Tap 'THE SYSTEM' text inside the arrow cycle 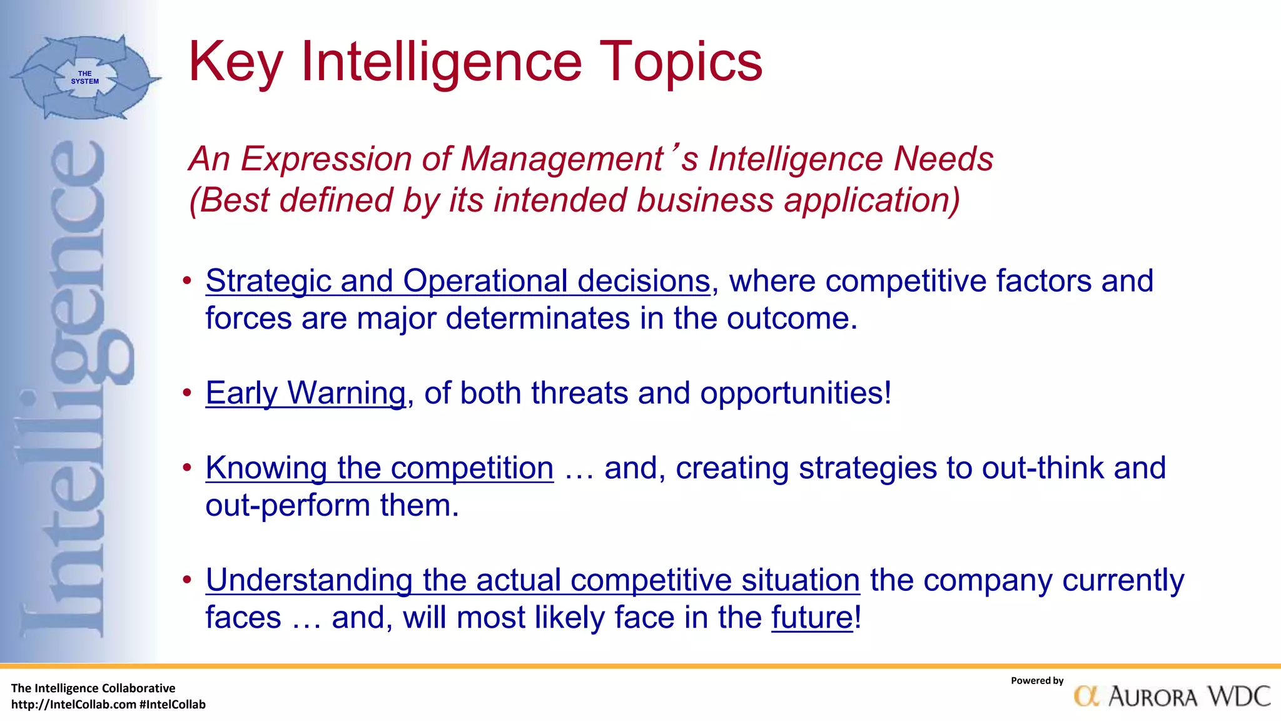click(x=84, y=78)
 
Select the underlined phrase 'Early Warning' click(x=306, y=394)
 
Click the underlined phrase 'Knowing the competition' click(x=380, y=468)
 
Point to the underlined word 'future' click(x=812, y=618)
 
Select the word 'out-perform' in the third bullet click(x=287, y=506)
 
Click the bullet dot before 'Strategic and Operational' click(x=187, y=281)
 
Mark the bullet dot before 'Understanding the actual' click(x=187, y=580)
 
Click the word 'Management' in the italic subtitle click(x=562, y=159)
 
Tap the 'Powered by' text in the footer click(x=1036, y=681)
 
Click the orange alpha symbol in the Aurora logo click(x=1086, y=697)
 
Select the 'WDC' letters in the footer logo click(x=1238, y=697)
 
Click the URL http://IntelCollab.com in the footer click(x=74, y=705)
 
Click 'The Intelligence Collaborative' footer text click(x=93, y=688)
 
